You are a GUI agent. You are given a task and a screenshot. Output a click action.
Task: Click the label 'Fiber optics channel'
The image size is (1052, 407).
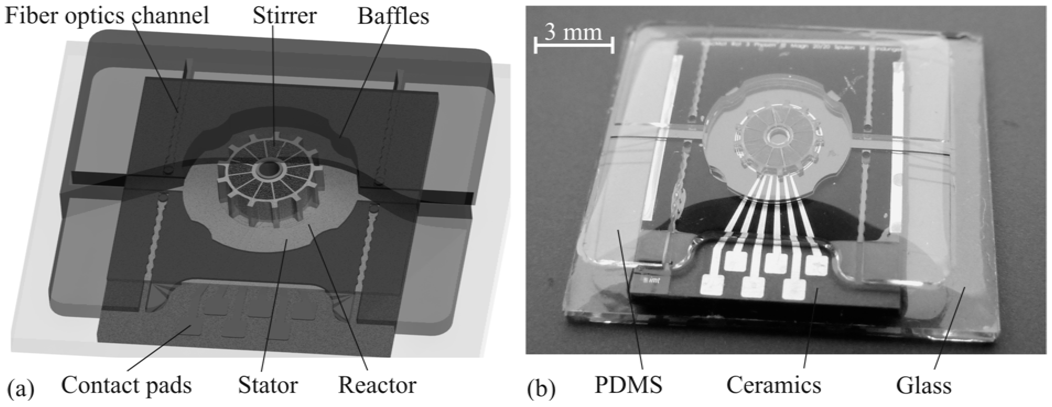click(107, 16)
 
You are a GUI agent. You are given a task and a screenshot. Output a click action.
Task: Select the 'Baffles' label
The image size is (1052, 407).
click(393, 16)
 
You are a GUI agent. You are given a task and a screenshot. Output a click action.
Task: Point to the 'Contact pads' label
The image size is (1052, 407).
click(127, 385)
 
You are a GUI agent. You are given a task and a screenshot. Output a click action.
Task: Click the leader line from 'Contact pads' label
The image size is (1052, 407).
click(159, 349)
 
